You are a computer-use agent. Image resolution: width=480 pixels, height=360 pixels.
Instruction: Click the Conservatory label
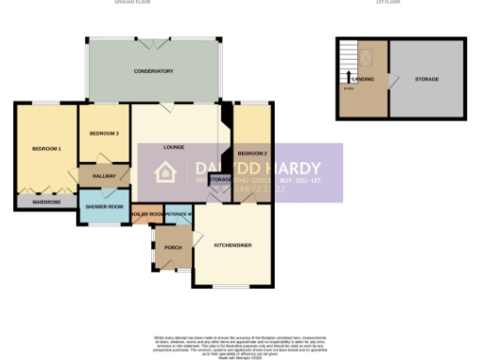tap(153, 71)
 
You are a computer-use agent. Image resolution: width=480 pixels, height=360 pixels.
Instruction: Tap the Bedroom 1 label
tap(46, 149)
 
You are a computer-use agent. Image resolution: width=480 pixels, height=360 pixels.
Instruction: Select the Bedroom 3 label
tap(104, 133)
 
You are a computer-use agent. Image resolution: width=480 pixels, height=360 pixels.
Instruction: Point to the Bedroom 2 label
tap(252, 153)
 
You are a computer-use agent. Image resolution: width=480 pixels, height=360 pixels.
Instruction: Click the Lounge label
tap(172, 147)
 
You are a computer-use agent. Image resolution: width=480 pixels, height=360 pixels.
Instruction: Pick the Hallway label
tap(103, 175)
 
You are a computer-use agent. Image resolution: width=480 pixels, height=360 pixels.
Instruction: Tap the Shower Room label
tap(104, 206)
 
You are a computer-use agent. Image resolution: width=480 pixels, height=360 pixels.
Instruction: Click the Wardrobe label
tap(45, 201)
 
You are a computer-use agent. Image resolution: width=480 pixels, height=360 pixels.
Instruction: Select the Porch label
tap(172, 247)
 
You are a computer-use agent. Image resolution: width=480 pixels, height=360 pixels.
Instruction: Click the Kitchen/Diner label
tap(232, 246)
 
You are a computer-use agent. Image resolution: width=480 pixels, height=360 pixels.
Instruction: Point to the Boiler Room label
tap(147, 215)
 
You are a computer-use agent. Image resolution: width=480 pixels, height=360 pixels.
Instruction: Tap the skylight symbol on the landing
tap(367, 55)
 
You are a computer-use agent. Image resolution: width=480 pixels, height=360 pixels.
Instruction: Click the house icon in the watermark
tap(166, 172)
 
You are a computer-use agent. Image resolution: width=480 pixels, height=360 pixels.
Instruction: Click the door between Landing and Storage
tap(389, 81)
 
